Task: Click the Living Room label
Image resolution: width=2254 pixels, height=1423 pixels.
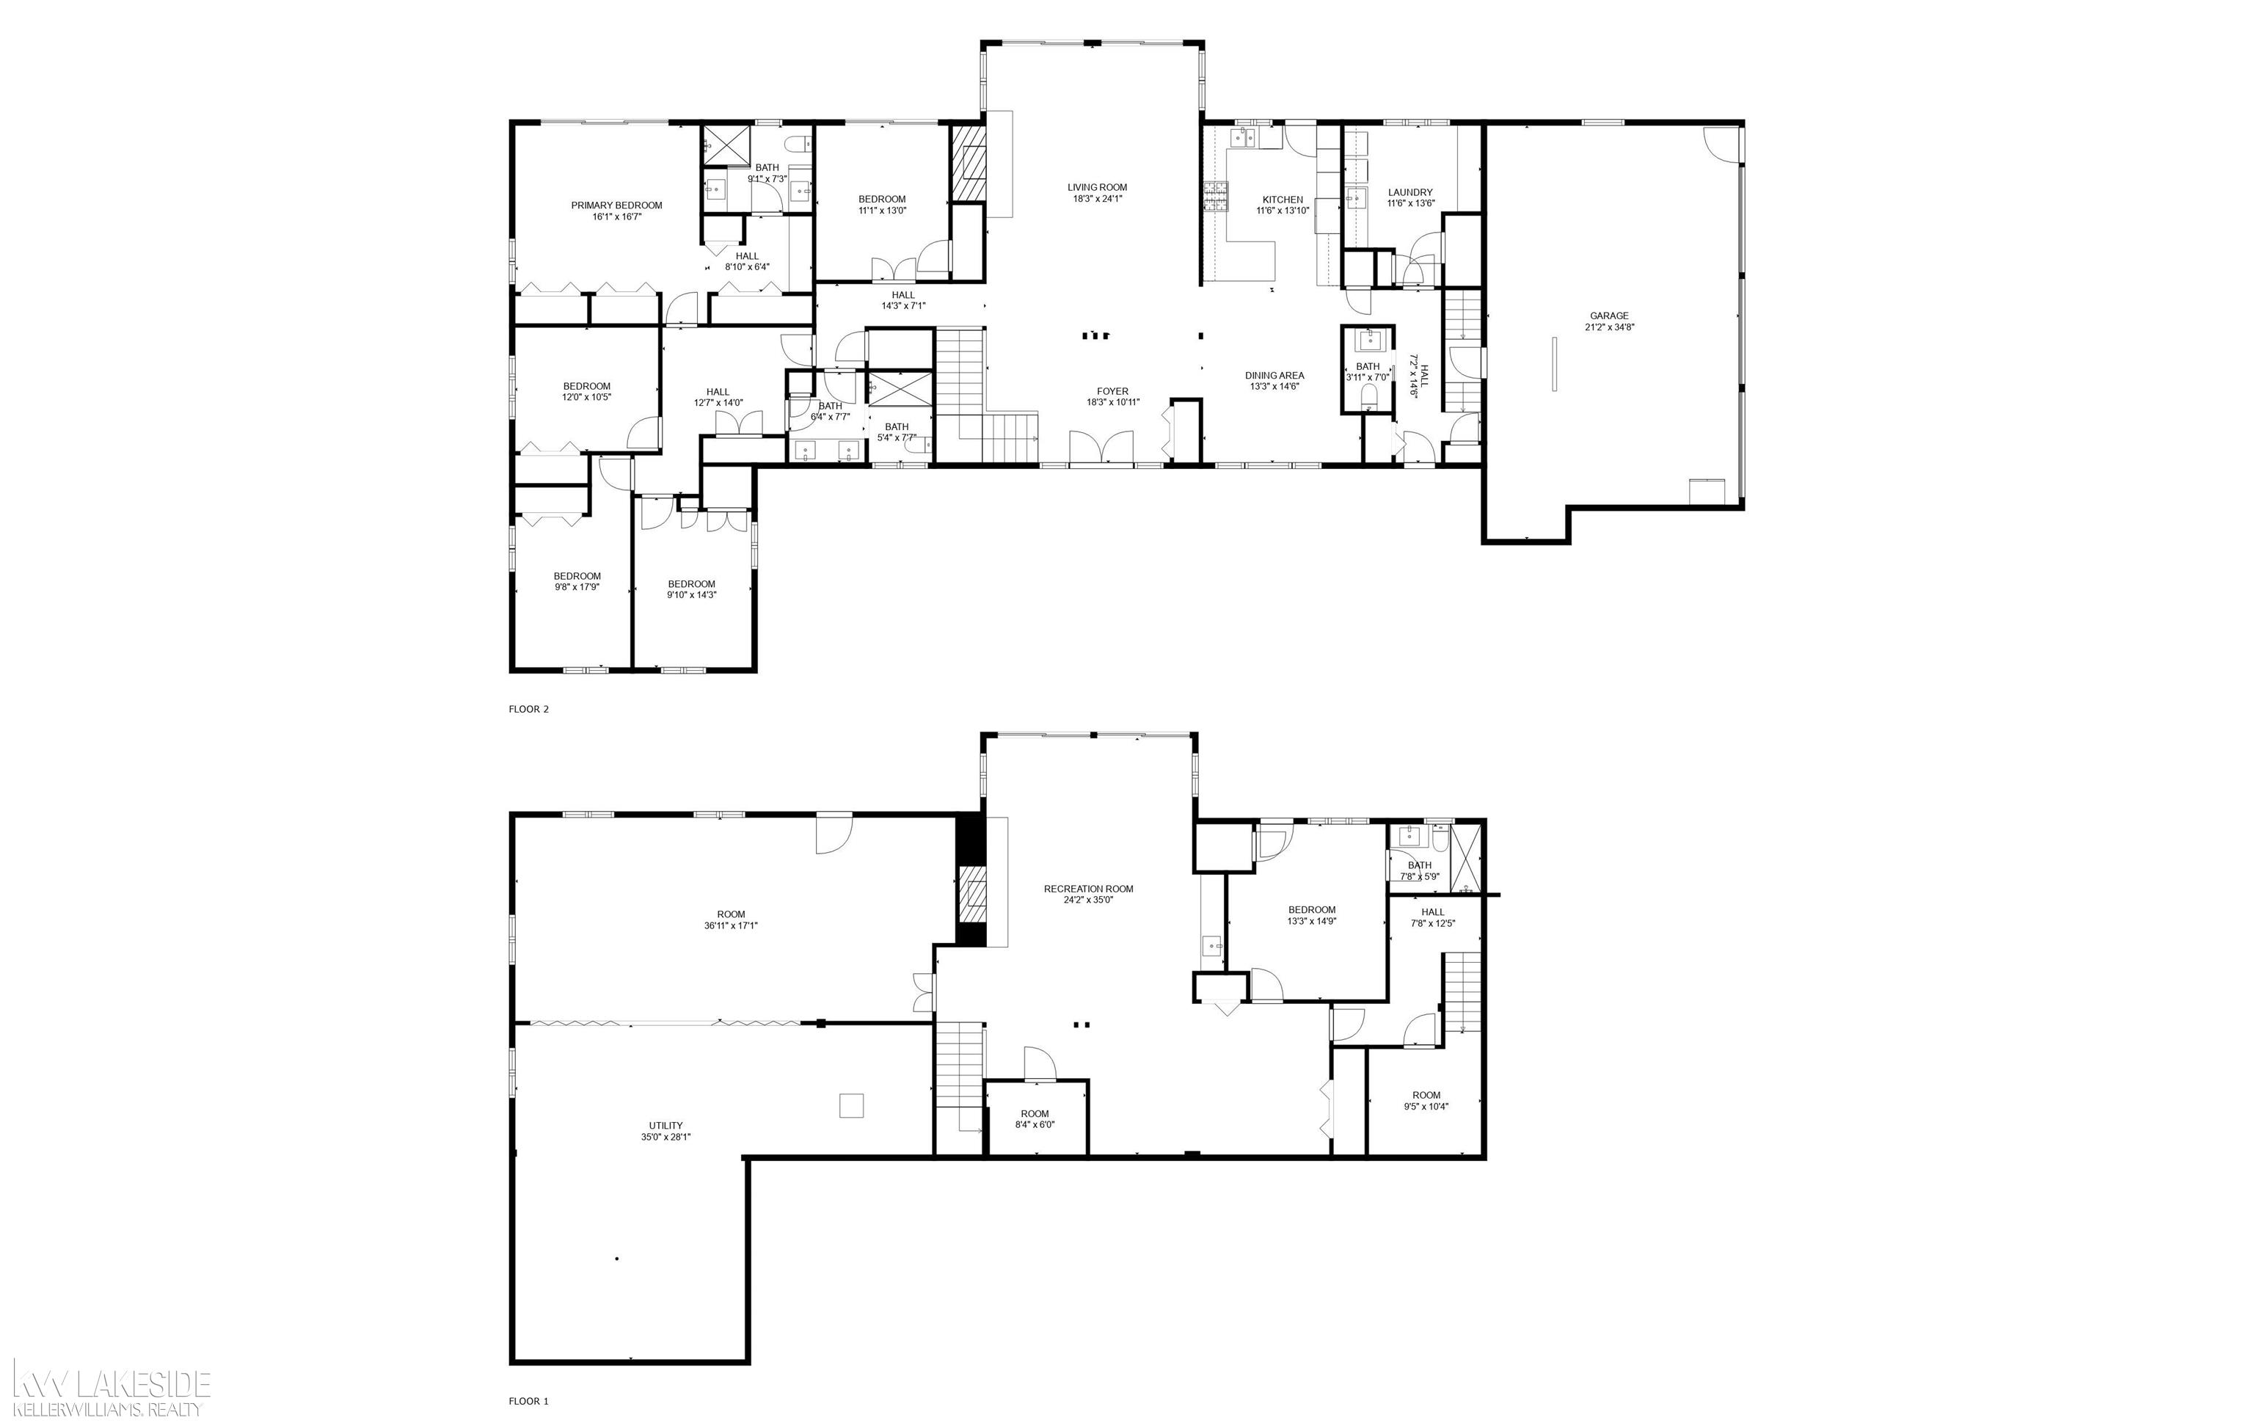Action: [1097, 187]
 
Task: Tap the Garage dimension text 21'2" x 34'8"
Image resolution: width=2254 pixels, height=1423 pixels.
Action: [1609, 327]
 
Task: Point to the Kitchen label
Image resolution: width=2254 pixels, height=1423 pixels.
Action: [1283, 200]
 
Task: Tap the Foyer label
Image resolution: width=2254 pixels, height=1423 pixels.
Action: [1113, 391]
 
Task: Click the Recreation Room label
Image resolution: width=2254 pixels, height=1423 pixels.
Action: [1089, 889]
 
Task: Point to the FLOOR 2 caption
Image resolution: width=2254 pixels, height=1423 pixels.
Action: [529, 709]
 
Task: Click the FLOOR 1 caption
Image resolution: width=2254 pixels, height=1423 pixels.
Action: [529, 1402]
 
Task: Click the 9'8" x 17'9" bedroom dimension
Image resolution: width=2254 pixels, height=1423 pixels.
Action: [577, 587]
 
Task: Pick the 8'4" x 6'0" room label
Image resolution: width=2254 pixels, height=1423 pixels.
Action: [1035, 1114]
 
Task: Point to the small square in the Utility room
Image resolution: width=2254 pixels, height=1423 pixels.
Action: [851, 1106]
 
